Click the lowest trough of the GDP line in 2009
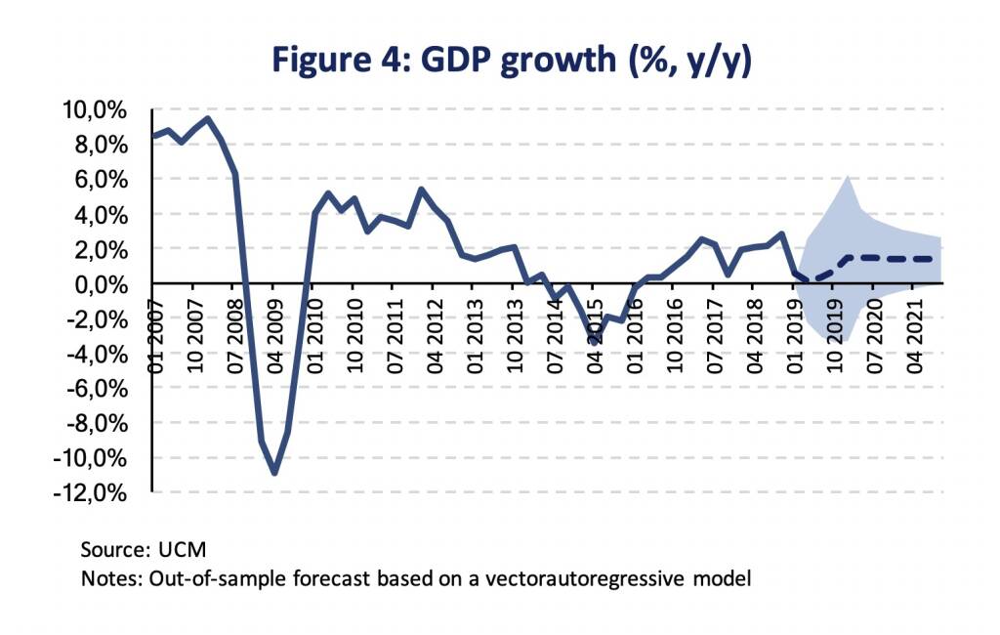point(274,474)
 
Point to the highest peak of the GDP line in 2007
point(207,119)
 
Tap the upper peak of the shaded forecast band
point(849,178)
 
